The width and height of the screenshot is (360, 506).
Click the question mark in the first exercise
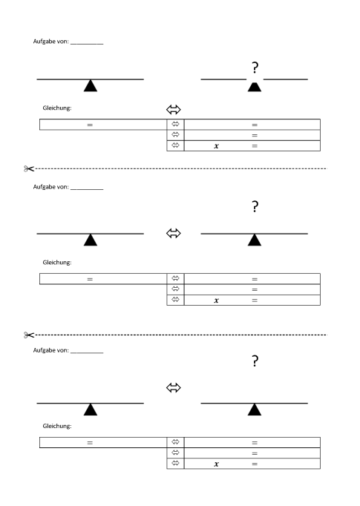255,68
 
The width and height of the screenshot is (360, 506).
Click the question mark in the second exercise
255,206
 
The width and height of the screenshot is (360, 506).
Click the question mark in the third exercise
255,361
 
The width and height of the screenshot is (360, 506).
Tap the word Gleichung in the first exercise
57,108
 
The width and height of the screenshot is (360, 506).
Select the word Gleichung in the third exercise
57,426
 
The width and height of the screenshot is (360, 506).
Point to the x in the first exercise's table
216,146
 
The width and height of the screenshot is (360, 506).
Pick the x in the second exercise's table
216,300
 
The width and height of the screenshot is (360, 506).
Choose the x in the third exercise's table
216,464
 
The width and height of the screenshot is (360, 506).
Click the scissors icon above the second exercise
29,168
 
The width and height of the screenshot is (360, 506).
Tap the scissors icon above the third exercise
29,335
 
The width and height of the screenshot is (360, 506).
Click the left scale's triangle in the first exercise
91,86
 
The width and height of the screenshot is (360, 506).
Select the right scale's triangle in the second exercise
255,240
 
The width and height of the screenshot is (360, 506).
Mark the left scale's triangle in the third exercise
91,410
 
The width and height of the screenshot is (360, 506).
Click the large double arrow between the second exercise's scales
174,233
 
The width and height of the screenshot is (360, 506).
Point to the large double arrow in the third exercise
174,387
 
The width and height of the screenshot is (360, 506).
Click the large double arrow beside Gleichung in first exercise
174,109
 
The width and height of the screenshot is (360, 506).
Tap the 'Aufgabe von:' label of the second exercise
51,187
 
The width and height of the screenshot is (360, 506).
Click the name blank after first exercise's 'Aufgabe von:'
87,43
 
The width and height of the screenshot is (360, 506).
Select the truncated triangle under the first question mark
255,87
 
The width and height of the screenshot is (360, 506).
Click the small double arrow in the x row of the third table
175,463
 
